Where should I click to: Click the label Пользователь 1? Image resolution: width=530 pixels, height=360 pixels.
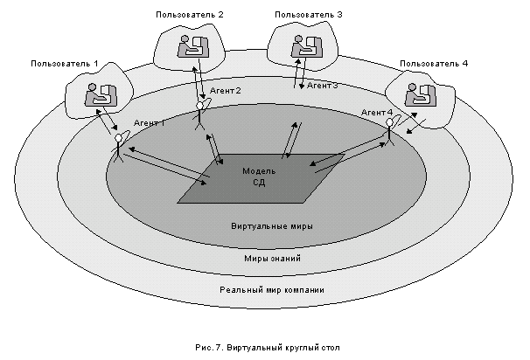click(65, 64)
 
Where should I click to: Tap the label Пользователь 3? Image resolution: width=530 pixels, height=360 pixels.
click(308, 14)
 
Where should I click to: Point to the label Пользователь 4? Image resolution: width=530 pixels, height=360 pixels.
click(433, 64)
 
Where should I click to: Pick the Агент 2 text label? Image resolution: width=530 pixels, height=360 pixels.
click(225, 91)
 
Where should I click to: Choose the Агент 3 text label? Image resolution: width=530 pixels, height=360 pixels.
click(322, 86)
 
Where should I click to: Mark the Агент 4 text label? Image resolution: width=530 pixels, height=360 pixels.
click(377, 113)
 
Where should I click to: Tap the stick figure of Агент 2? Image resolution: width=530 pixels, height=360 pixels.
click(200, 114)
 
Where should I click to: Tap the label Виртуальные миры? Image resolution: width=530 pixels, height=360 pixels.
click(272, 225)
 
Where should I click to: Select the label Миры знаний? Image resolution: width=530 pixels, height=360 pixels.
click(271, 259)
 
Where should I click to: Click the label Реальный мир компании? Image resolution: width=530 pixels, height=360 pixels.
click(271, 290)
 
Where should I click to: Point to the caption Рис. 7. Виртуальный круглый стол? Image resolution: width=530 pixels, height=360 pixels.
click(271, 346)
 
